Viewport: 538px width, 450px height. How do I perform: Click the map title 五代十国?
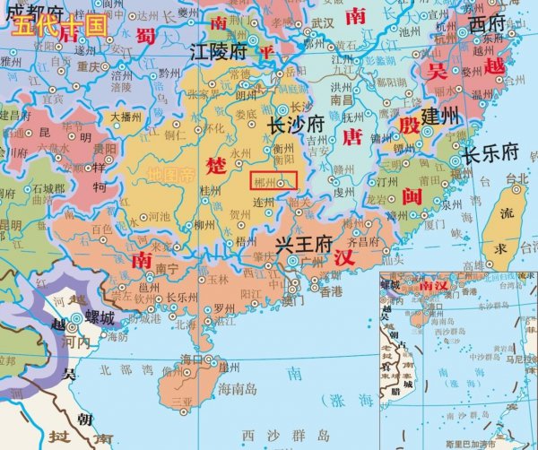59,25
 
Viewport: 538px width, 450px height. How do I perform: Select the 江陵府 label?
218,52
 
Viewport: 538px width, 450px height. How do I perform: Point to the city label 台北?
518,178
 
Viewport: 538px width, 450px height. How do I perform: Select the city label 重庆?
88,66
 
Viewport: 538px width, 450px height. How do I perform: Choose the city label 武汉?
322,22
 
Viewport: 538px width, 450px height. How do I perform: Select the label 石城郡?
48,189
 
